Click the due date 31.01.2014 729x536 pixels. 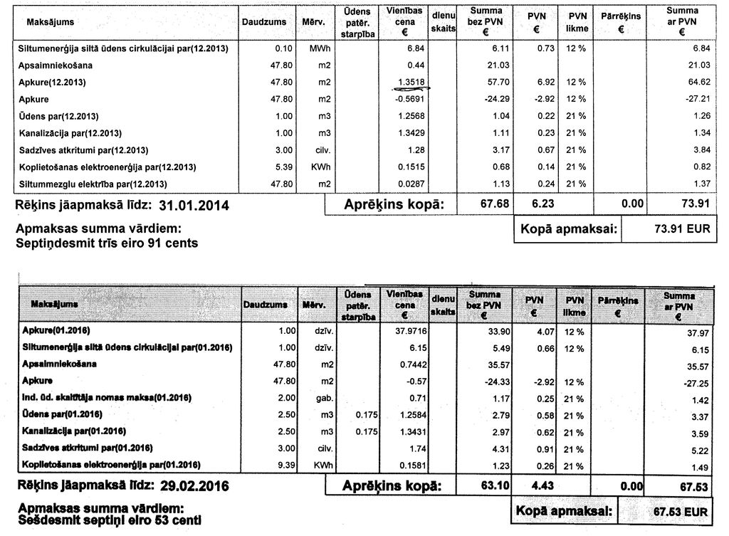point(194,206)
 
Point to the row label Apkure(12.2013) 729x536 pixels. point(52,82)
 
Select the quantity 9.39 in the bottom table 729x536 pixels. point(275,465)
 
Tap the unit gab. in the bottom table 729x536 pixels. point(314,398)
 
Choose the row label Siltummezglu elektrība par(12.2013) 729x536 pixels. point(93,184)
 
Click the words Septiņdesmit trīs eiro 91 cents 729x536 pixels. point(107,243)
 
